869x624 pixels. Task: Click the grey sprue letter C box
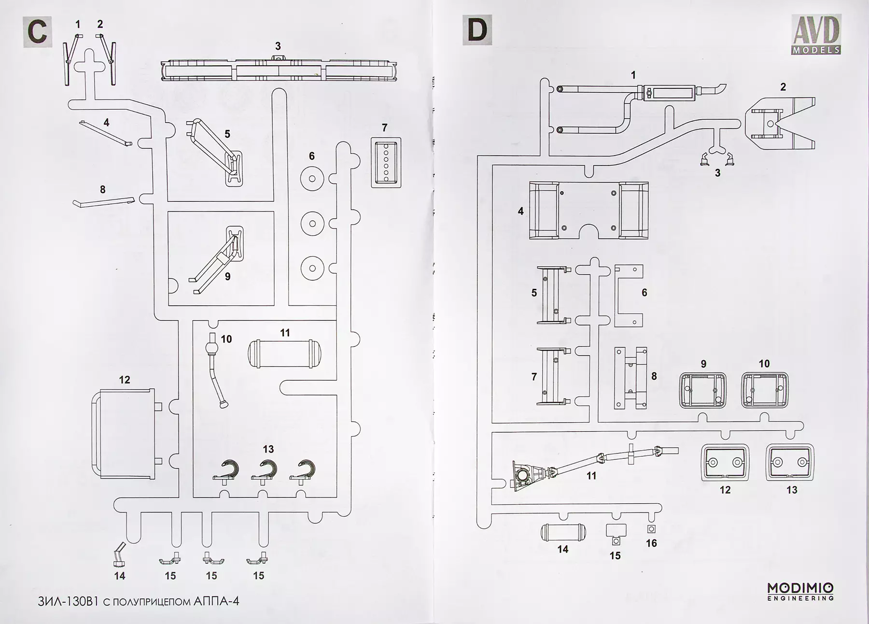[x=37, y=32]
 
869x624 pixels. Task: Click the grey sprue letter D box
[x=477, y=30]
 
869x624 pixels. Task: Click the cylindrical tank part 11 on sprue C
[x=284, y=353]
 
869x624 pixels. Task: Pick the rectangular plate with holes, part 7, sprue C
[x=386, y=163]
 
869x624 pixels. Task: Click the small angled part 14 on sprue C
[x=119, y=555]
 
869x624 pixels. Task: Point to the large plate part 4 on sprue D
[x=589, y=210]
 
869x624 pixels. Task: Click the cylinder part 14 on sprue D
[x=563, y=532]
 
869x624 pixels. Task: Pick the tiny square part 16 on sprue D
[x=651, y=529]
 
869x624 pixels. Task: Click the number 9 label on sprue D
[x=703, y=364]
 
